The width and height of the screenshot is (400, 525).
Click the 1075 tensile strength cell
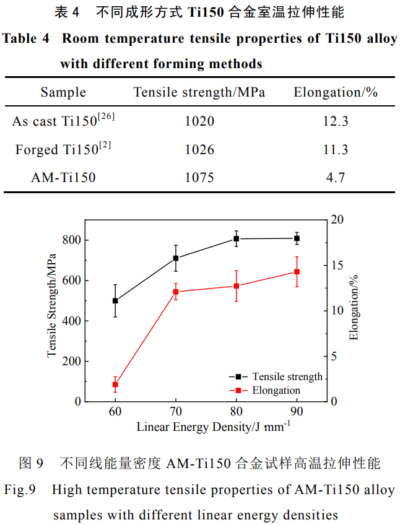[x=199, y=178]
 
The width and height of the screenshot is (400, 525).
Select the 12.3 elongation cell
[x=336, y=121]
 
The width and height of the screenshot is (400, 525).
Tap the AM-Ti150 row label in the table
[x=63, y=178]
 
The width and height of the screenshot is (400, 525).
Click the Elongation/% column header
[x=336, y=92]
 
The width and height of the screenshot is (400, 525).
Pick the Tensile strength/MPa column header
[x=199, y=92]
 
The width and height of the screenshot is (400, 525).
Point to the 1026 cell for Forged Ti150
[x=199, y=150]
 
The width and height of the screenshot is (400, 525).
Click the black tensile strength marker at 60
[x=115, y=301]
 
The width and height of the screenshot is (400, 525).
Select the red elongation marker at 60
[x=115, y=384]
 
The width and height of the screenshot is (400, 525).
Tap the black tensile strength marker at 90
[x=297, y=238]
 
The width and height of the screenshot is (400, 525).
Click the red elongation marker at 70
[x=175, y=292]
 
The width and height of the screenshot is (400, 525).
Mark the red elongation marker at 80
[x=236, y=286]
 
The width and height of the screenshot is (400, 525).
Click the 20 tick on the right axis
[x=337, y=220]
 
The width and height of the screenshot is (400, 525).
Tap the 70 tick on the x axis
[x=175, y=412]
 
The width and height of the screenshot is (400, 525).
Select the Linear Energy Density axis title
[x=214, y=427]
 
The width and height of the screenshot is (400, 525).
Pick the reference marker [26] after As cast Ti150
[x=106, y=116]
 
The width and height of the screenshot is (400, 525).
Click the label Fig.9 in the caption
[x=20, y=490]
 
